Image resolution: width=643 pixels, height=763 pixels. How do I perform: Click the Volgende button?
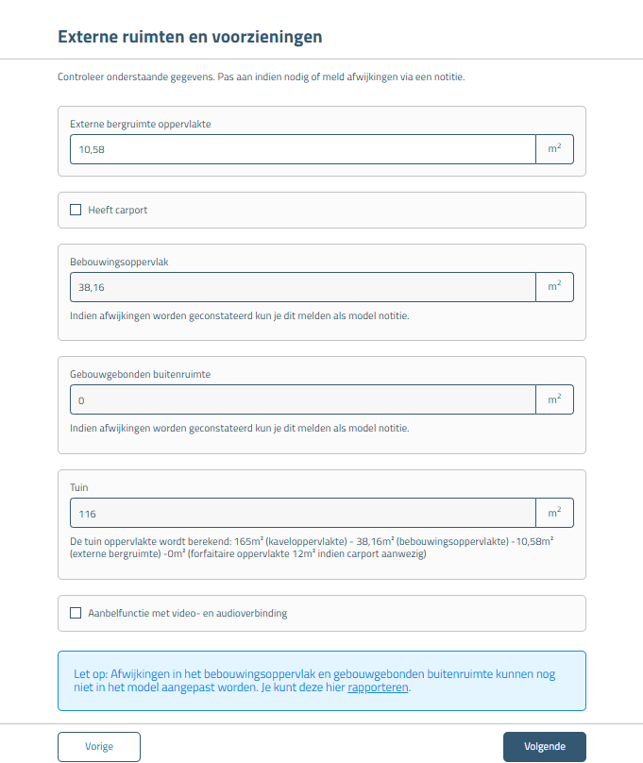pos(544,746)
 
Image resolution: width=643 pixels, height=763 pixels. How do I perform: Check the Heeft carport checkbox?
pos(76,210)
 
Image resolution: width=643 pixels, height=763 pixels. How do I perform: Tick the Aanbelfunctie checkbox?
pos(76,613)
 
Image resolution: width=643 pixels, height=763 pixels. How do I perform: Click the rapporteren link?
pos(378,687)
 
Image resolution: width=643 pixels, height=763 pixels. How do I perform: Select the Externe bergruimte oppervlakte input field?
pos(302,149)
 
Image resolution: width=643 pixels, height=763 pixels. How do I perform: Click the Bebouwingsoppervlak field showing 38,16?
pos(302,287)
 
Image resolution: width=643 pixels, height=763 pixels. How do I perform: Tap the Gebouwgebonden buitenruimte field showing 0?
pos(302,400)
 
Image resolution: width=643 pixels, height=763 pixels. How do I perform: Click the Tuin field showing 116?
pos(302,514)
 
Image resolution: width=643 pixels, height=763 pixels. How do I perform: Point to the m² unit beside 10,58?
pos(554,149)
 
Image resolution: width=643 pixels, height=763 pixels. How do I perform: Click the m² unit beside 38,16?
pos(554,287)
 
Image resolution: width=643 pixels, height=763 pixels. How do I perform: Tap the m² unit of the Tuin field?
pos(554,514)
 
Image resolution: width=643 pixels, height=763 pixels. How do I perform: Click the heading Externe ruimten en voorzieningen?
pos(190,37)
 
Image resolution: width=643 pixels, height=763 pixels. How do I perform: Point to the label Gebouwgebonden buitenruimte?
pos(140,374)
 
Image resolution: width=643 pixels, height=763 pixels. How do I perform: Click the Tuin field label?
pos(79,487)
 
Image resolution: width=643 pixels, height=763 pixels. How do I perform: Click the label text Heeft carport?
pos(118,210)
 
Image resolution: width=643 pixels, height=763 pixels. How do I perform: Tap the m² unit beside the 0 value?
pos(554,400)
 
